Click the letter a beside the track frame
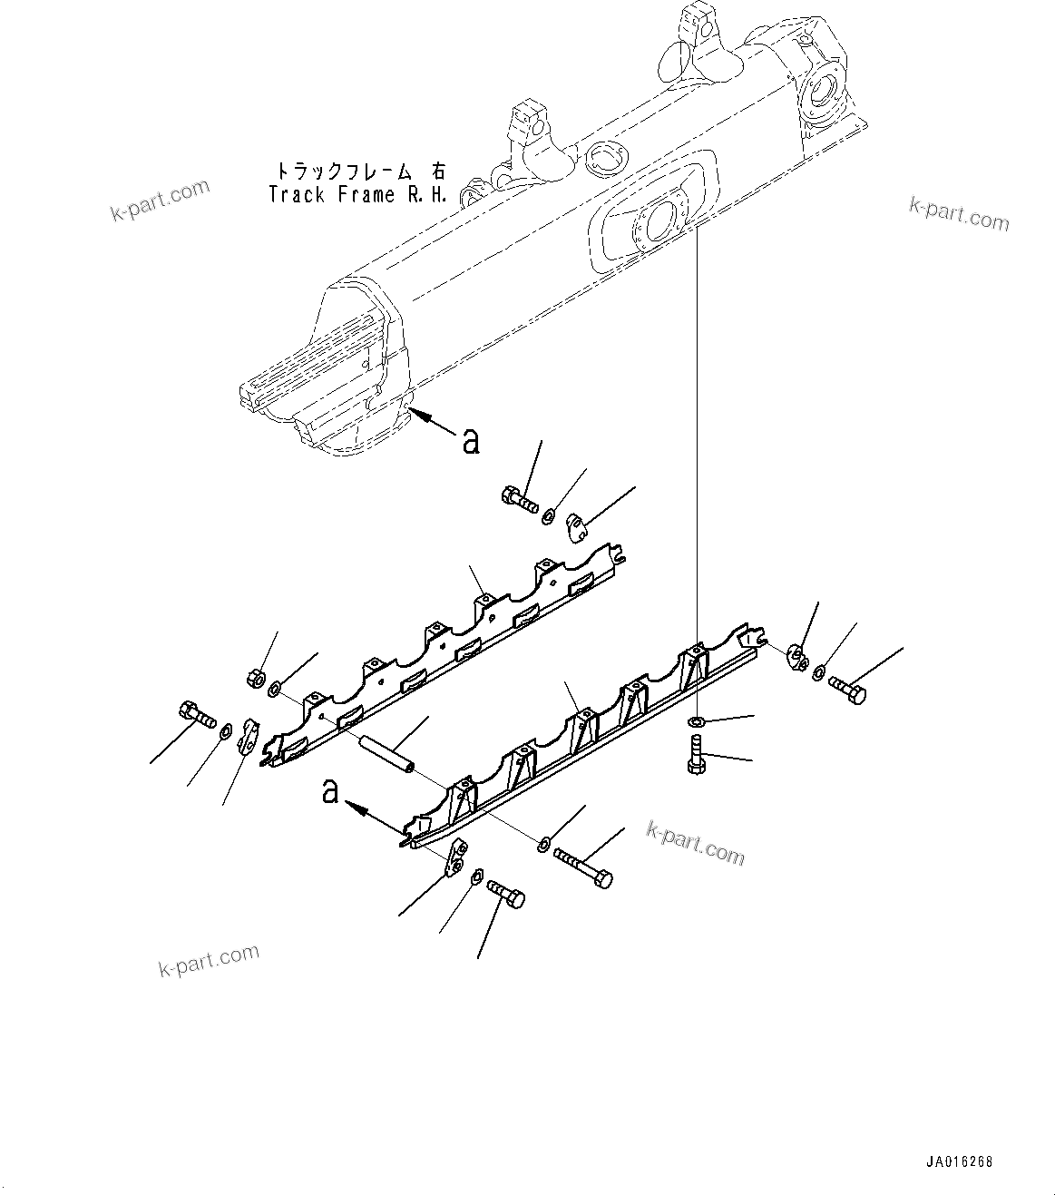coord(470,441)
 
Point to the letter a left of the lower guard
coord(330,791)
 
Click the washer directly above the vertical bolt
coord(697,722)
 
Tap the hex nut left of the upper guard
coord(256,677)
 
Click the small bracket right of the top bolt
coord(578,524)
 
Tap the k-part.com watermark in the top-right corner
coord(959,214)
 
